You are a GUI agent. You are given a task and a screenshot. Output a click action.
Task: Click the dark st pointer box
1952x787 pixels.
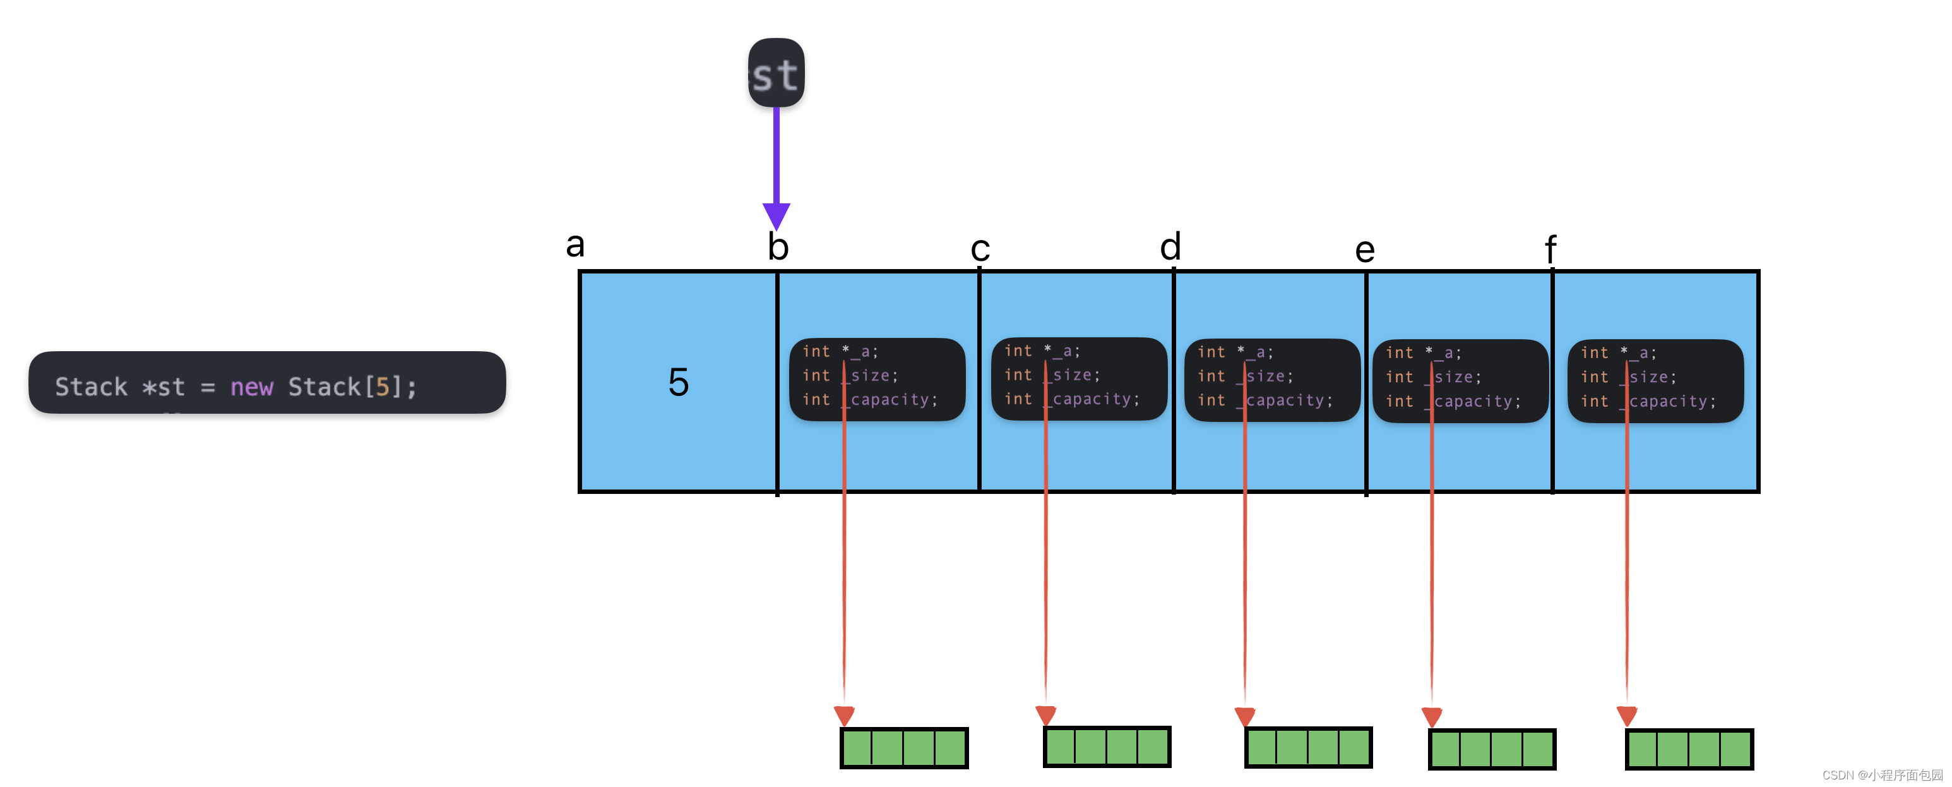point(776,73)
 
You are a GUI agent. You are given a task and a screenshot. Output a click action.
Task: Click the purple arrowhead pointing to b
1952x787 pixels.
point(776,215)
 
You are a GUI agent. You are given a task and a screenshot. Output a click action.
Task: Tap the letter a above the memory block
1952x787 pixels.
point(575,245)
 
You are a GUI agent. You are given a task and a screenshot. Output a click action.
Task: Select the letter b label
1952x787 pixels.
point(778,247)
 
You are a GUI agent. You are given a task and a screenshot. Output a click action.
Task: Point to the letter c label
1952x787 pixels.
point(980,249)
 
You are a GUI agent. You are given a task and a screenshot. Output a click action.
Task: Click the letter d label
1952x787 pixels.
point(1170,246)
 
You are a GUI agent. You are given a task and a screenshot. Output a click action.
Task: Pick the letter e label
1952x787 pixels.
point(1365,249)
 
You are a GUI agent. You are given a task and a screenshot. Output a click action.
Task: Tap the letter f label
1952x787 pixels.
point(1550,249)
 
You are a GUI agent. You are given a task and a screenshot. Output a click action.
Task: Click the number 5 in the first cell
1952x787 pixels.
point(678,381)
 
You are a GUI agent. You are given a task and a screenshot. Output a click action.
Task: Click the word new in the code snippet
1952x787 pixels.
point(252,387)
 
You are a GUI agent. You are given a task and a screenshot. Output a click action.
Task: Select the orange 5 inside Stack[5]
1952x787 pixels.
point(383,387)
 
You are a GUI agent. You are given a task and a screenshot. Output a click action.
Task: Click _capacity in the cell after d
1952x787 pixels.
point(1288,400)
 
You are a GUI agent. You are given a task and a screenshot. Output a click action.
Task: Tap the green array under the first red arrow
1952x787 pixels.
point(903,748)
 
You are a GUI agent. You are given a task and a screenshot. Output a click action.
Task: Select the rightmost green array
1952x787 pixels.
point(1689,749)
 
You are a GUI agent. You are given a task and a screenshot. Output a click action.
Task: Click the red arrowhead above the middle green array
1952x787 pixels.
point(1244,716)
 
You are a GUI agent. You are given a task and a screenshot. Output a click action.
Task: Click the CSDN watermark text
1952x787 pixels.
point(1881,775)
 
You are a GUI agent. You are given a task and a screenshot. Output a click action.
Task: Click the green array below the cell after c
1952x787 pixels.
point(1106,747)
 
